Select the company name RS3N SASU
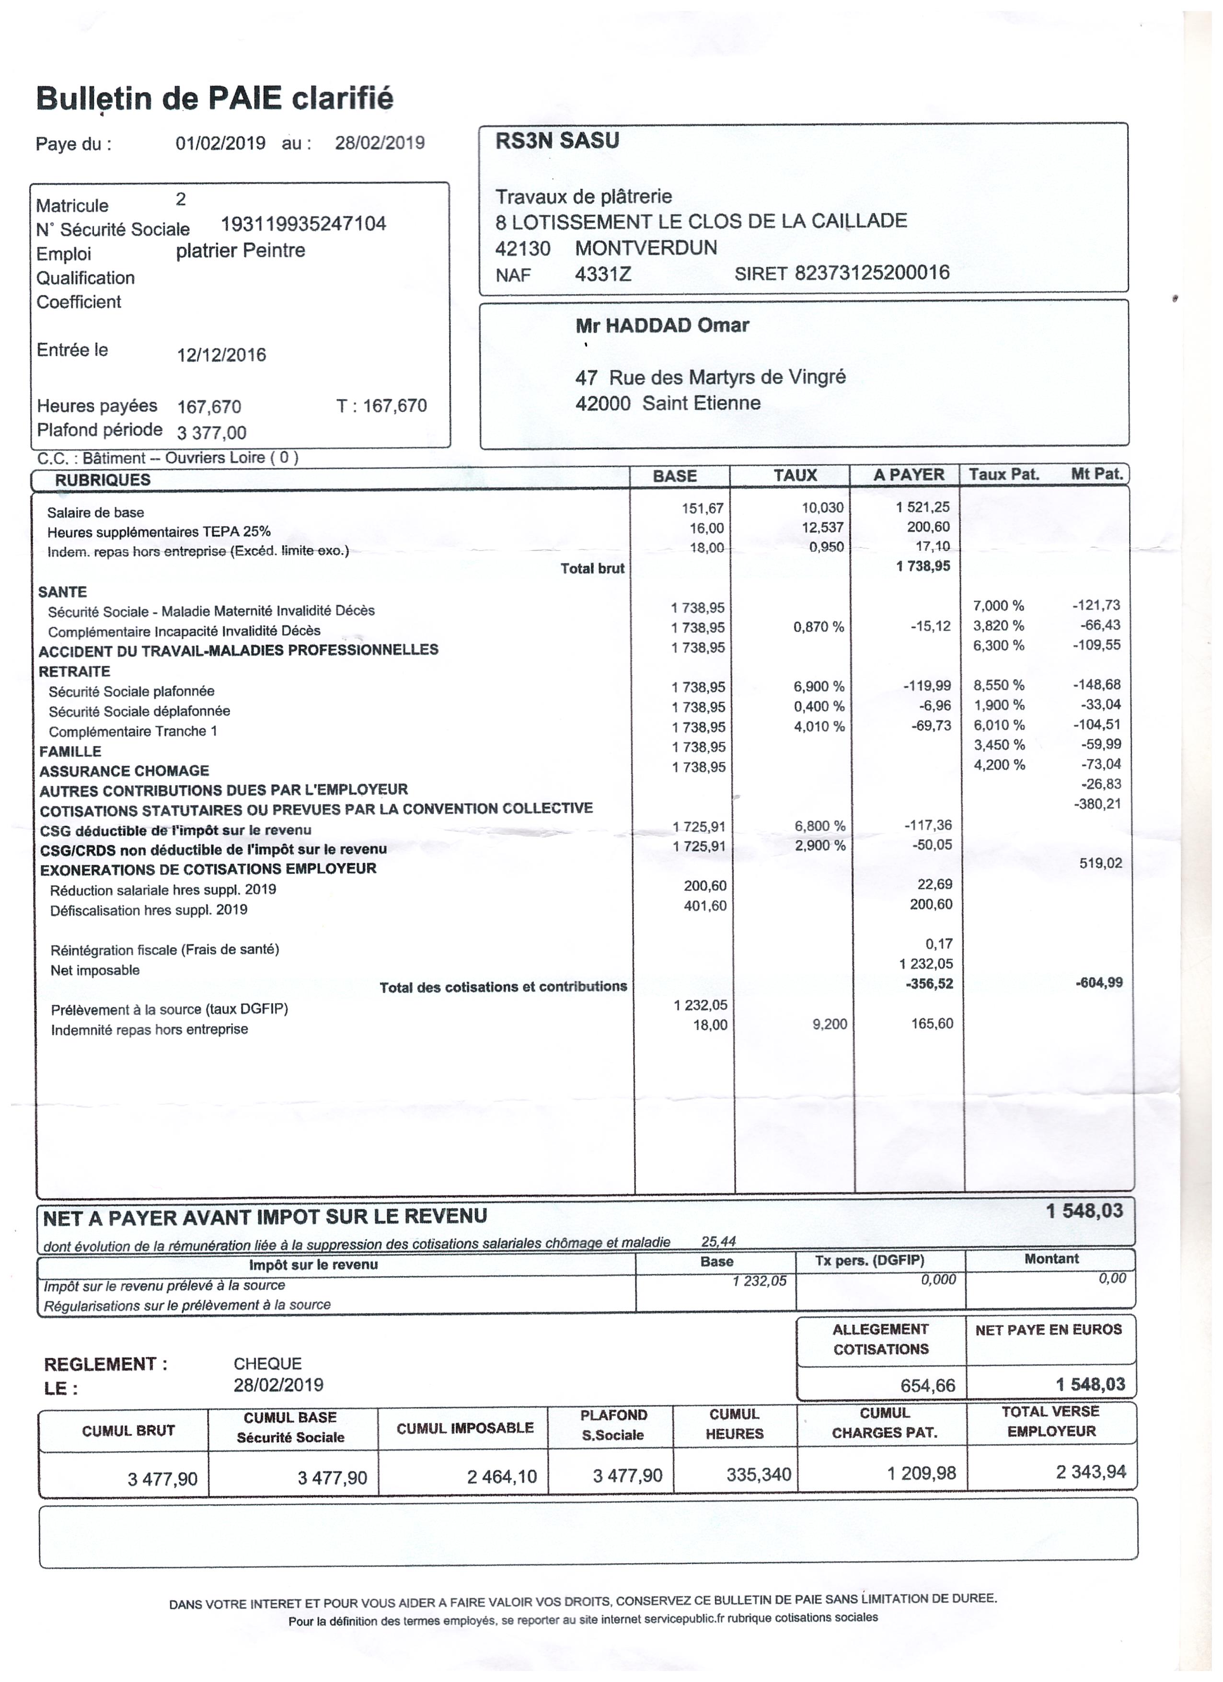(557, 141)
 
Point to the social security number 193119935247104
(303, 224)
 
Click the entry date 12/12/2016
(221, 355)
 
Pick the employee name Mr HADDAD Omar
(662, 325)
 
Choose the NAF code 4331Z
(603, 275)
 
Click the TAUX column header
(795, 475)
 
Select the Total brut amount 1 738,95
(923, 566)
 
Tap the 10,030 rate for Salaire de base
(822, 508)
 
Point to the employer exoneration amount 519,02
(1101, 863)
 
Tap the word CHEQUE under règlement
(268, 1364)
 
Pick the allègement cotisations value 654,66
(928, 1385)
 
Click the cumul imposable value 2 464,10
(501, 1476)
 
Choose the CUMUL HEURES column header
(734, 1425)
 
